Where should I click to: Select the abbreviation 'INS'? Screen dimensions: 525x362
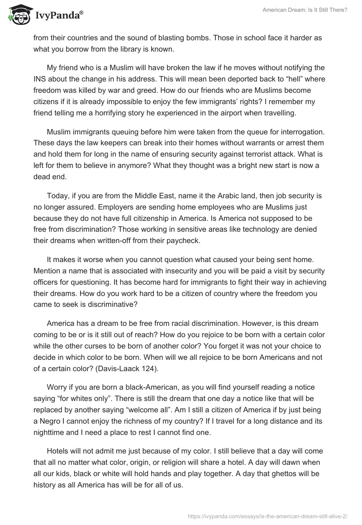click(39, 79)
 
